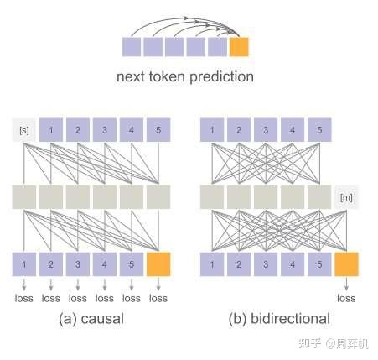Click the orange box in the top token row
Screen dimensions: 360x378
coord(239,46)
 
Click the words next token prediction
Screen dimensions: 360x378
coord(185,77)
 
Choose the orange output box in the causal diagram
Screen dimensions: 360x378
coord(158,265)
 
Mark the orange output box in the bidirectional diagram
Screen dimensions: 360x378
coord(346,265)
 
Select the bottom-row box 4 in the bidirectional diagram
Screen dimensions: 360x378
coord(292,265)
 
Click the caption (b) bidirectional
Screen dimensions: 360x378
coord(279,318)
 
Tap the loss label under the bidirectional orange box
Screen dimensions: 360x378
coord(346,297)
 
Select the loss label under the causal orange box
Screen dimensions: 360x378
coord(158,297)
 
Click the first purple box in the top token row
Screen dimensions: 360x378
coord(132,46)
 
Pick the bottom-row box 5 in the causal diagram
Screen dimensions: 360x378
coord(132,265)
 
